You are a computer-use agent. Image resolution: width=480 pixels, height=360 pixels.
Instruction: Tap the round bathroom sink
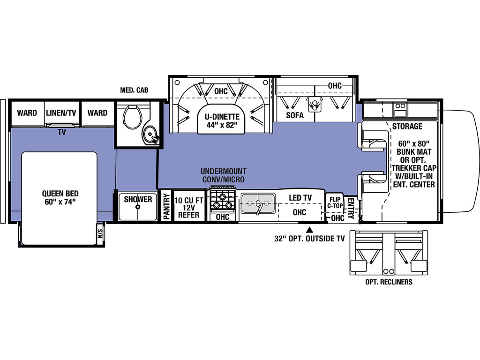pyautogui.click(x=150, y=134)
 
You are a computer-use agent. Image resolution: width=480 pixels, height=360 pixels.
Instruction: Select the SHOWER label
pyautogui.click(x=138, y=199)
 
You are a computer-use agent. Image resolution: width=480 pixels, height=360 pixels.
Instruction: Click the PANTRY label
pyautogui.click(x=166, y=206)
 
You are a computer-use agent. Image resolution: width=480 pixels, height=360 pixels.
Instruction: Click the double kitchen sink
pyautogui.click(x=258, y=203)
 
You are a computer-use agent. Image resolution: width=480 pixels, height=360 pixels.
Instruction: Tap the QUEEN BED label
pyautogui.click(x=60, y=197)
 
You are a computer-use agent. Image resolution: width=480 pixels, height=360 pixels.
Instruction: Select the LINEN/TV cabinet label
pyautogui.click(x=61, y=112)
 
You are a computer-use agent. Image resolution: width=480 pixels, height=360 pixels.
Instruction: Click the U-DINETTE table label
pyautogui.click(x=222, y=120)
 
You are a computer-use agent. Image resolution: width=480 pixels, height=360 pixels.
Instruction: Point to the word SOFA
pyautogui.click(x=295, y=115)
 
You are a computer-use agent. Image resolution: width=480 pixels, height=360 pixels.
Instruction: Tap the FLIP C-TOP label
pyautogui.click(x=335, y=202)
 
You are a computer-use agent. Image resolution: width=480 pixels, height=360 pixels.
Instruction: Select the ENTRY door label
pyautogui.click(x=351, y=209)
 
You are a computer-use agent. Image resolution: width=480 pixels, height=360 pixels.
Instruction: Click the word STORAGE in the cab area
pyautogui.click(x=407, y=126)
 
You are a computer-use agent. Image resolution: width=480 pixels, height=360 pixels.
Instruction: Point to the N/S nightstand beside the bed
pyautogui.click(x=100, y=234)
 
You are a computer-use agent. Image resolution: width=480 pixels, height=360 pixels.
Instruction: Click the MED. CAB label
pyautogui.click(x=134, y=90)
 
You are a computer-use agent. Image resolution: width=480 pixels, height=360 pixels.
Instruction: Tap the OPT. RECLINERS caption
pyautogui.click(x=389, y=282)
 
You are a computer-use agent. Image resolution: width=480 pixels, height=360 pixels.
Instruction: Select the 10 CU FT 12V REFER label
pyautogui.click(x=188, y=208)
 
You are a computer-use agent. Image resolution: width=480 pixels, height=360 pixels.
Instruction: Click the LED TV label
pyautogui.click(x=300, y=198)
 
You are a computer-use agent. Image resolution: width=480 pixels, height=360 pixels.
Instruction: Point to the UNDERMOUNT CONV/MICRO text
pyautogui.click(x=224, y=175)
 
